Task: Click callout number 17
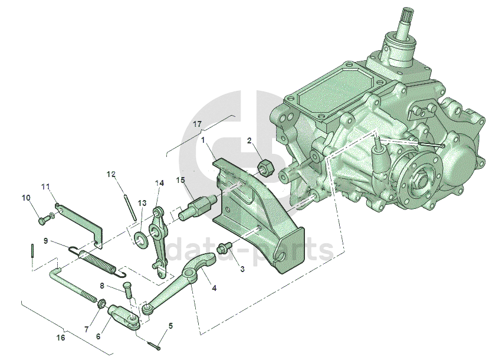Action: pos(198,124)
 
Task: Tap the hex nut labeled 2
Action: pos(265,167)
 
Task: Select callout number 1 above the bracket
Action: pos(203,140)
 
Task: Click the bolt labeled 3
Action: pos(224,248)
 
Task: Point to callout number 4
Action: pos(214,288)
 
